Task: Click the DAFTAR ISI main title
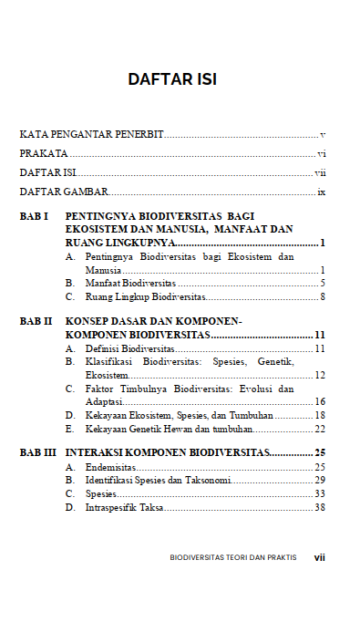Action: [172, 79]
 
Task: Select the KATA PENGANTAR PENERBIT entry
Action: [91, 135]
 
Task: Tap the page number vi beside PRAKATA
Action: [322, 154]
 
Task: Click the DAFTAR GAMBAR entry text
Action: [64, 192]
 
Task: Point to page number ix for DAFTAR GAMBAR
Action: [322, 192]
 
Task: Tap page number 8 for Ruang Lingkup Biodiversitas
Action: [323, 296]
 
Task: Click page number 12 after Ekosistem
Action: [320, 375]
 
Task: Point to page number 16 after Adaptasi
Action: [320, 401]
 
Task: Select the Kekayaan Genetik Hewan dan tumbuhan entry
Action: [169, 428]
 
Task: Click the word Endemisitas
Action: [110, 467]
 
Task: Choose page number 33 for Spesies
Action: [320, 493]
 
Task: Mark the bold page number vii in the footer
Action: [319, 556]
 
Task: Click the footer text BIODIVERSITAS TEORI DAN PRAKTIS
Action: [232, 556]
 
